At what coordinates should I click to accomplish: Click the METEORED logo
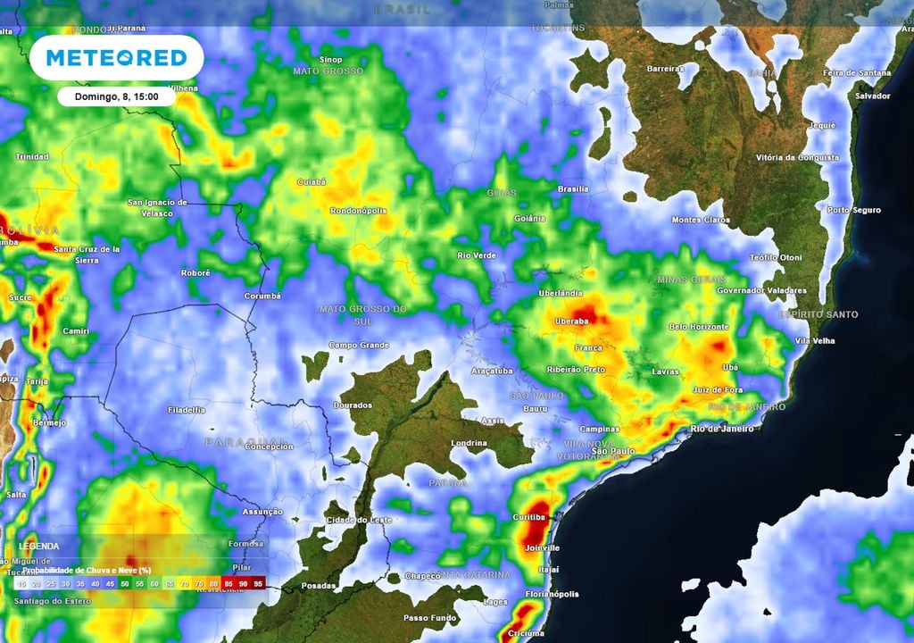(116, 58)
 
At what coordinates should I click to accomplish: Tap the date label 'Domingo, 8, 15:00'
(115, 96)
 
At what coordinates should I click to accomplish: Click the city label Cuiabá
(311, 181)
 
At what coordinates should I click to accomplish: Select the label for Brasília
(572, 189)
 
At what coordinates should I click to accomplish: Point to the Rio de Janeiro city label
(722, 430)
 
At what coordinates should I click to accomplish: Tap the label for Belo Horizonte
(699, 328)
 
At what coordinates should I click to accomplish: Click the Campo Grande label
(359, 345)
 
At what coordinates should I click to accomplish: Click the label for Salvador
(872, 96)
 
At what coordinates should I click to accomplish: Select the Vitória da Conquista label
(797, 158)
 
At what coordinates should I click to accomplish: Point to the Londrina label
(469, 443)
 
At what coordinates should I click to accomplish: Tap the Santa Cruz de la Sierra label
(87, 255)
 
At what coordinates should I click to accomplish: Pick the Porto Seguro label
(854, 211)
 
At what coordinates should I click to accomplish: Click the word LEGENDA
(39, 546)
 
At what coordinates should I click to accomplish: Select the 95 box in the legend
(257, 582)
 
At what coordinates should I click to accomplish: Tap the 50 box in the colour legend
(124, 582)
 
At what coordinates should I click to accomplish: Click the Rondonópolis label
(358, 212)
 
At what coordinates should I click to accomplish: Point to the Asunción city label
(262, 512)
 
